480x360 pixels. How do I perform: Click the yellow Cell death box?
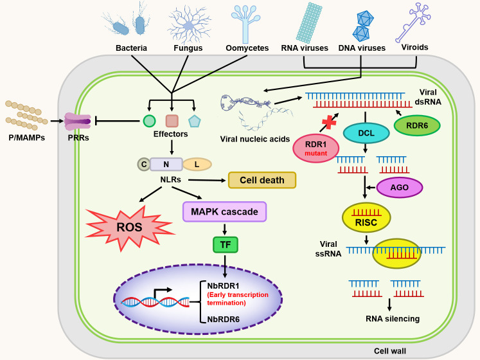click(x=262, y=180)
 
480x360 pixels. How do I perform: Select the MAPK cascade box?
click(x=224, y=212)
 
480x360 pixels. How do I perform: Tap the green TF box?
click(x=226, y=244)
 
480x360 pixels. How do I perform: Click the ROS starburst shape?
click(x=130, y=228)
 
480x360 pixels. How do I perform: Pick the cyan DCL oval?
click(x=366, y=133)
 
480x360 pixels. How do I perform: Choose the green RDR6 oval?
click(x=417, y=125)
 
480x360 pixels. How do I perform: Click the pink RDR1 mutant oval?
click(x=316, y=148)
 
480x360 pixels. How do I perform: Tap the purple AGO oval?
click(x=400, y=188)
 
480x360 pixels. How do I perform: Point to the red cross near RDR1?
click(x=329, y=122)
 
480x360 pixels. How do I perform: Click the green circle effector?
click(x=149, y=121)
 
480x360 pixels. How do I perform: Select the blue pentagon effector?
click(x=195, y=122)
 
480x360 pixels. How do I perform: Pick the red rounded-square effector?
click(x=172, y=121)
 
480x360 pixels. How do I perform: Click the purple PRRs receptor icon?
click(x=78, y=122)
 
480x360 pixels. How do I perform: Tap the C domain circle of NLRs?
click(x=143, y=165)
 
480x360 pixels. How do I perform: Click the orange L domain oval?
click(x=197, y=165)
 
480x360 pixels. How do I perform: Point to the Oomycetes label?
click(x=247, y=48)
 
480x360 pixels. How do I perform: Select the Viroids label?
click(x=415, y=47)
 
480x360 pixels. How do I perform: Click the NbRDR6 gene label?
click(x=224, y=319)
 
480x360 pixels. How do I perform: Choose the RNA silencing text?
click(x=393, y=319)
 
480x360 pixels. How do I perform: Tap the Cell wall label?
click(x=390, y=351)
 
